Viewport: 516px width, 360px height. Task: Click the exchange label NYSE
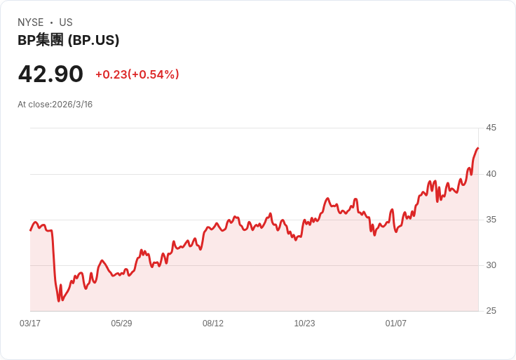31,22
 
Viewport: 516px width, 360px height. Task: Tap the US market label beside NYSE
66,22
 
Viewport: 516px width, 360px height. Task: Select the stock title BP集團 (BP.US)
68,40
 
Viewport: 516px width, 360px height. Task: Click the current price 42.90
50,74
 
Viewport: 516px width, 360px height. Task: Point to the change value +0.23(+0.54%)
137,74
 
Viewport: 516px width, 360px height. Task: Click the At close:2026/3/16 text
55,105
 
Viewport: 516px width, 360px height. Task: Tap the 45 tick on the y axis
491,128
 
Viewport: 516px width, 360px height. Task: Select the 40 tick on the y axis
491,173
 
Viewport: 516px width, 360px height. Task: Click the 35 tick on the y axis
491,219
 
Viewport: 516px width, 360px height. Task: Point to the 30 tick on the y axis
491,265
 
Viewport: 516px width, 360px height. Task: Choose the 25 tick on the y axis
491,311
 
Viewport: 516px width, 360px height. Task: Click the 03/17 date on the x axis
30,324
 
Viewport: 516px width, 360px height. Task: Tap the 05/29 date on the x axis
121,324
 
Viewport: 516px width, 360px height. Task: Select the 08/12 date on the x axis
213,324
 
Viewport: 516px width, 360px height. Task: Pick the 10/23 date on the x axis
304,324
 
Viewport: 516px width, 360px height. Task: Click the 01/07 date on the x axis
396,324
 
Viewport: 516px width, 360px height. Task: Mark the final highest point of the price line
478,148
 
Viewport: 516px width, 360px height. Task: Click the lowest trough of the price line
59,301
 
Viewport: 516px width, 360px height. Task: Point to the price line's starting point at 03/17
30,230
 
